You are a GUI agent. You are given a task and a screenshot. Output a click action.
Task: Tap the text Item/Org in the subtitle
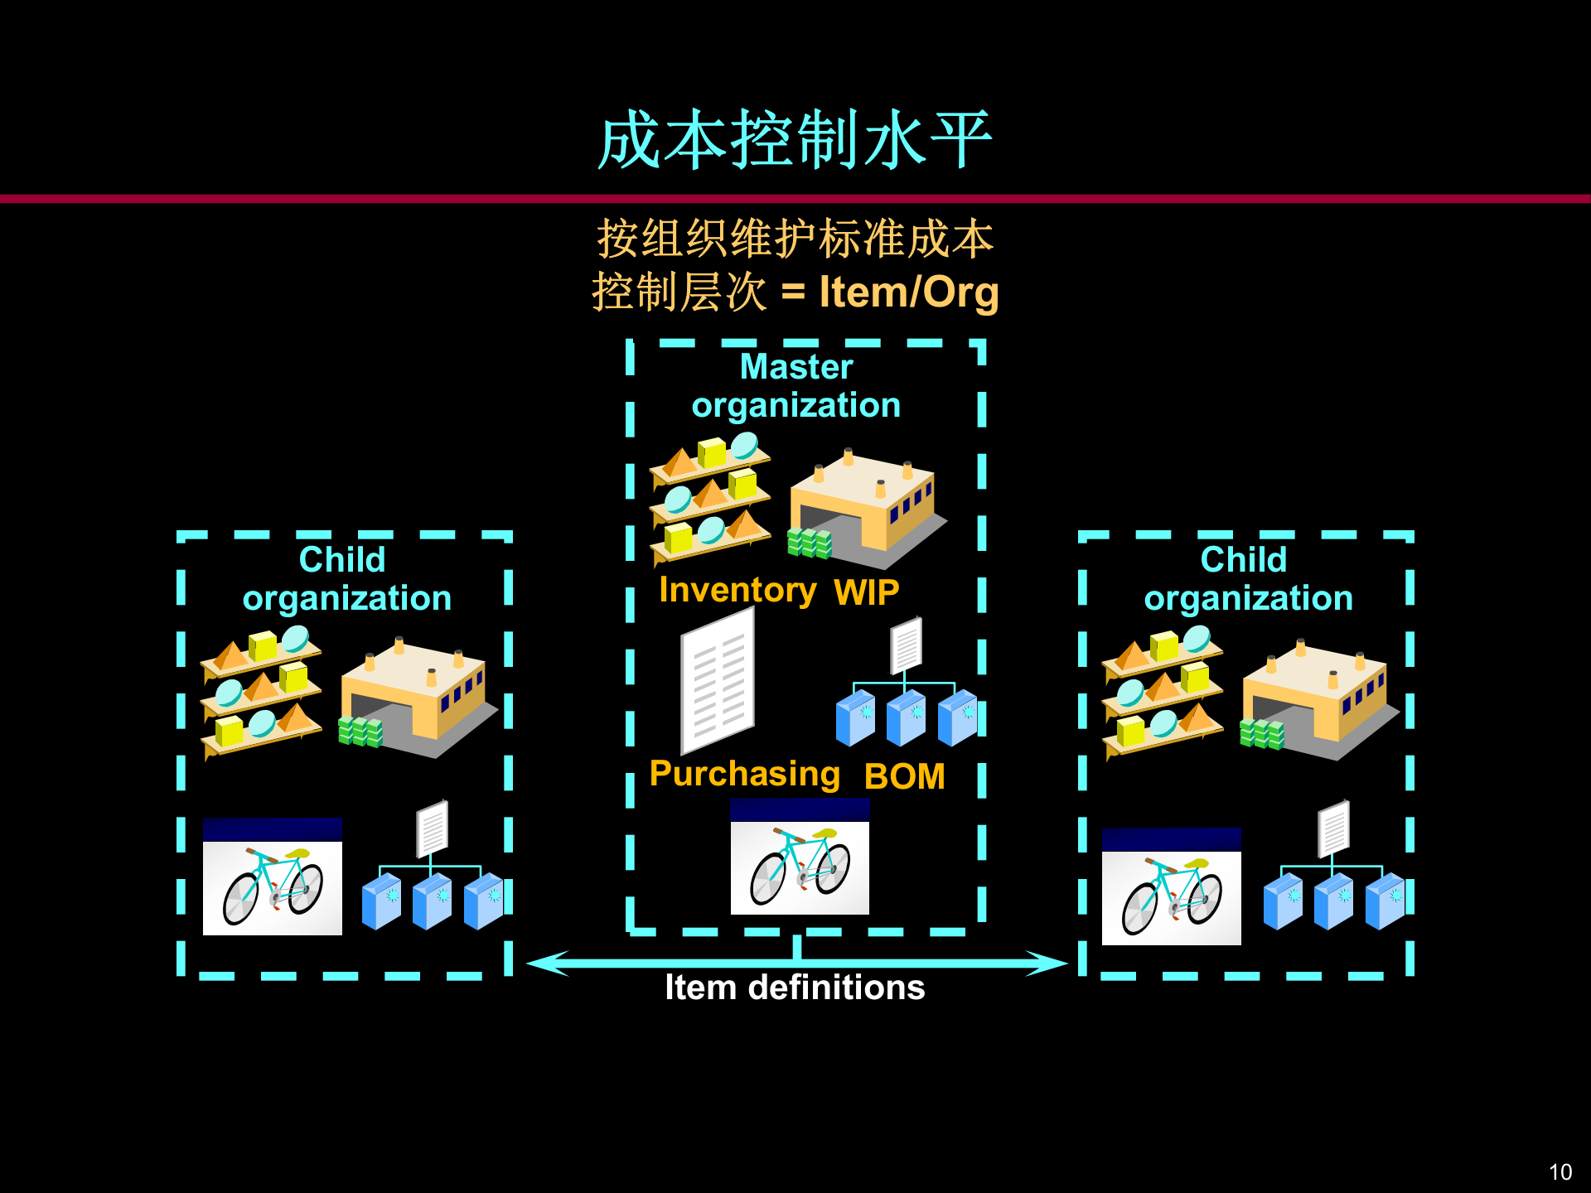(x=908, y=292)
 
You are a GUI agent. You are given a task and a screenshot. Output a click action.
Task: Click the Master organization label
(x=795, y=386)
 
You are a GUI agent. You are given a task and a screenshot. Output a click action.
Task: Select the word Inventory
(x=737, y=590)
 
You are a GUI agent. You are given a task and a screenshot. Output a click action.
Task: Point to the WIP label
(x=866, y=592)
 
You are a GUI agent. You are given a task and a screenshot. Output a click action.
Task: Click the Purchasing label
(x=744, y=774)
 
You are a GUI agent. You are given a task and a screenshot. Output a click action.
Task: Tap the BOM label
(x=904, y=776)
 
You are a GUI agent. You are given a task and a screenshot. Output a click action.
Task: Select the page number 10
(x=1560, y=1171)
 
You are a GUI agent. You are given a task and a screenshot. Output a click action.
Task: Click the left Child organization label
(x=346, y=578)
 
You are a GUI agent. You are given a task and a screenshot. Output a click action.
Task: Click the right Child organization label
(x=1247, y=578)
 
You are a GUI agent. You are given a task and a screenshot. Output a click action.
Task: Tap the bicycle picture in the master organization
(x=800, y=857)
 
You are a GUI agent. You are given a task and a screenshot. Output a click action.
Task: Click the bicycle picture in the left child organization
(x=273, y=877)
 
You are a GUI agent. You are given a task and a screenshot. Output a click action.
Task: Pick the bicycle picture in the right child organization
(x=1171, y=886)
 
